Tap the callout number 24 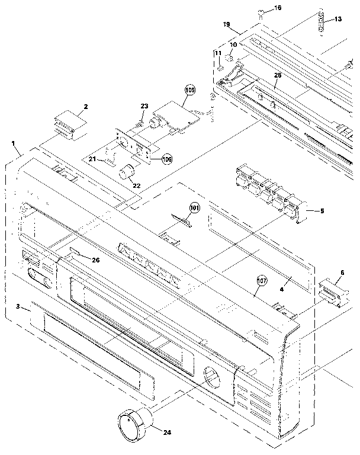pyautogui.click(x=167, y=432)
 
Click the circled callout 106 pyautogui.click(x=168, y=159)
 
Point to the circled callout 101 pyautogui.click(x=195, y=208)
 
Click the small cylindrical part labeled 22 pyautogui.click(x=126, y=174)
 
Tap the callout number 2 pyautogui.click(x=86, y=107)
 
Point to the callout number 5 pyautogui.click(x=322, y=210)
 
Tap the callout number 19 pyautogui.click(x=226, y=24)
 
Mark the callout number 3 pyautogui.click(x=18, y=306)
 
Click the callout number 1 pyautogui.click(x=13, y=143)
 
